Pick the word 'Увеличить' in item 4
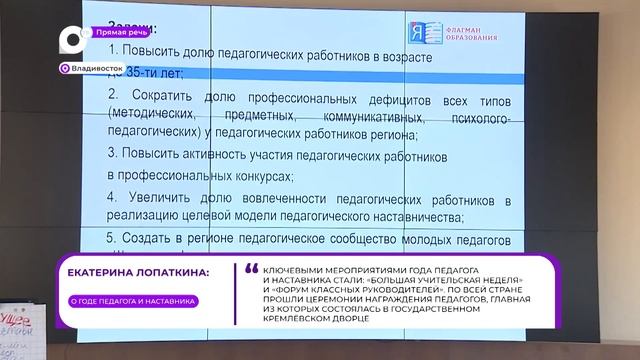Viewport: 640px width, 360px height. click(x=166, y=197)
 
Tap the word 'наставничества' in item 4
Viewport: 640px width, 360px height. click(x=409, y=217)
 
